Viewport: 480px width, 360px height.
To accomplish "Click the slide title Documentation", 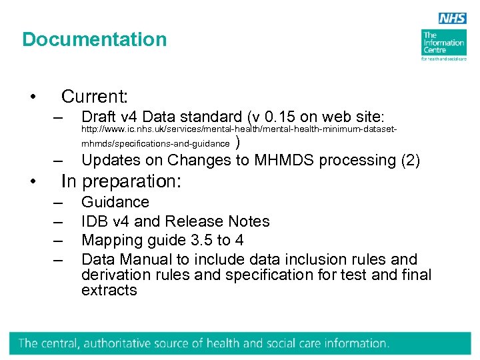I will tap(94, 39).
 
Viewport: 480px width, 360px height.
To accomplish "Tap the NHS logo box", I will tap(453, 19).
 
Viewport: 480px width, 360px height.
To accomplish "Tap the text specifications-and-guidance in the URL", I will tap(183, 143).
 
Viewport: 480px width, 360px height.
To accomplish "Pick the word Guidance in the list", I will tap(115, 202).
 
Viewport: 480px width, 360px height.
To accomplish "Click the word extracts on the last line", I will tap(109, 290).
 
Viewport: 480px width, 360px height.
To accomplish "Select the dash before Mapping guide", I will tap(59, 240).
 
